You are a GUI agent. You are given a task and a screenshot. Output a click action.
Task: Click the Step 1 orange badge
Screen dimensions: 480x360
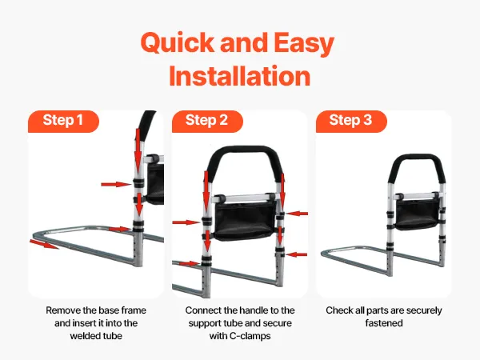click(x=63, y=122)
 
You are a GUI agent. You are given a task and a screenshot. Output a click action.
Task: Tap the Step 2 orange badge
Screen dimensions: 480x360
click(x=207, y=122)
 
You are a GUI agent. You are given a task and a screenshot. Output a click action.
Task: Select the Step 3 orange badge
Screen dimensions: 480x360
click(x=351, y=122)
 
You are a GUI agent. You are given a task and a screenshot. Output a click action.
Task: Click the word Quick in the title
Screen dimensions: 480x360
click(x=178, y=43)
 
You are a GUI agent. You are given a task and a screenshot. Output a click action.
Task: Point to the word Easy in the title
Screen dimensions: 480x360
click(x=304, y=43)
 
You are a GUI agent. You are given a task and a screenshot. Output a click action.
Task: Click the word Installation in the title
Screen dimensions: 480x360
click(x=240, y=76)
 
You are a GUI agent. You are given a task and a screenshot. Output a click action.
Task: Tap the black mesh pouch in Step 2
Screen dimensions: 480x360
click(x=244, y=220)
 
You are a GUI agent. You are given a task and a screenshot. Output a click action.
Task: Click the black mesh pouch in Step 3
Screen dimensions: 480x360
click(x=416, y=214)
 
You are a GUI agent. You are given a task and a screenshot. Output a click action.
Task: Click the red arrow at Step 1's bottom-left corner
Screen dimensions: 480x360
click(x=44, y=244)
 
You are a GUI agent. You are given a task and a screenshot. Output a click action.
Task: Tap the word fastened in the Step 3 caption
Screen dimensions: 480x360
click(x=384, y=323)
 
